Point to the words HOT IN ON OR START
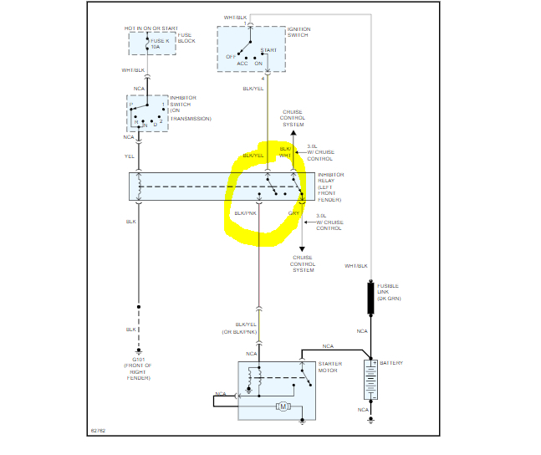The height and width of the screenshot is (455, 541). (150, 28)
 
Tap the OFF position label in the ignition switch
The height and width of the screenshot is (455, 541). (231, 56)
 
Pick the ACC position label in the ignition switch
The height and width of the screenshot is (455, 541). (242, 63)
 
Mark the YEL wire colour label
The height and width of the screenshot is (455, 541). (129, 156)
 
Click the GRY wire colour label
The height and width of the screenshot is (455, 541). (293, 213)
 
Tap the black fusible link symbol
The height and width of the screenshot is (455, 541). (370, 298)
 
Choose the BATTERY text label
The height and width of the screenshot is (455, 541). (391, 363)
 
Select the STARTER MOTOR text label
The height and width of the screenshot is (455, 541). (329, 368)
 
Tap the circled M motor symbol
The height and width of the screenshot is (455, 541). (283, 406)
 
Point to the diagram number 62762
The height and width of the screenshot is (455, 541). (99, 432)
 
